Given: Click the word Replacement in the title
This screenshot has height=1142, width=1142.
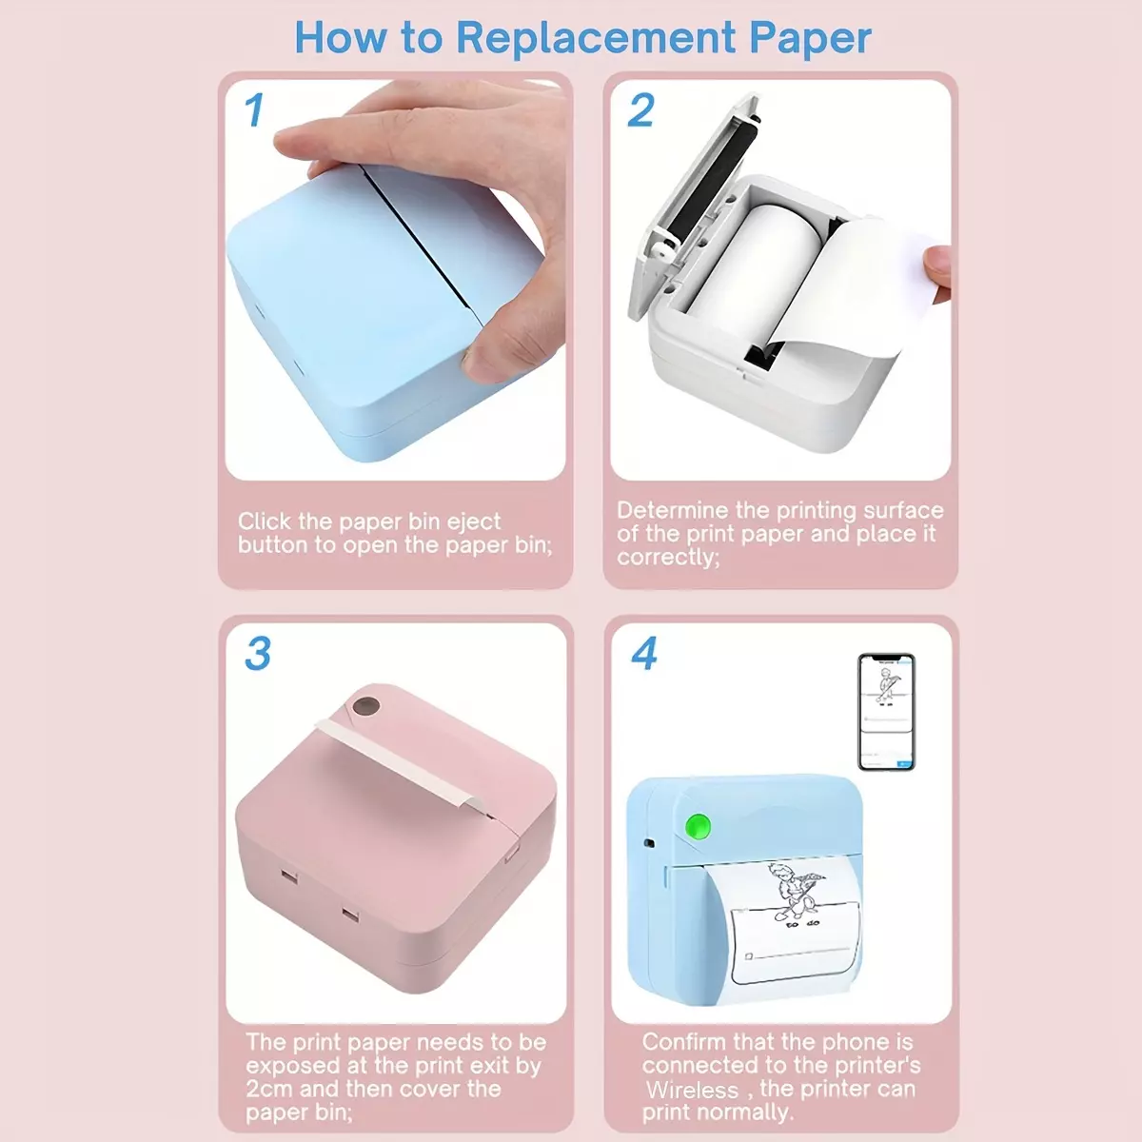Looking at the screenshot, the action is click(x=595, y=38).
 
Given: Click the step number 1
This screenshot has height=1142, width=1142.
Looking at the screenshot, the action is click(x=254, y=110).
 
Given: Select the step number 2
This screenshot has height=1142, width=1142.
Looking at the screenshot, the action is click(x=640, y=110).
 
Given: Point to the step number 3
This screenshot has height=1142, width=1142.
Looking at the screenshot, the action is click(x=258, y=654).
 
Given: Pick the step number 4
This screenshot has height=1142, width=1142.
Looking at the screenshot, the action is click(x=644, y=654).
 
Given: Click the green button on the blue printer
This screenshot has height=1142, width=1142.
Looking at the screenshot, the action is click(x=699, y=825).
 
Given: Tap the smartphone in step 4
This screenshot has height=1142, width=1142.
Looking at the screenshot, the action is click(x=887, y=712).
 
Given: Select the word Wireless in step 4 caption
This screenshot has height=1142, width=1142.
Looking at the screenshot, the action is click(x=692, y=1090).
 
